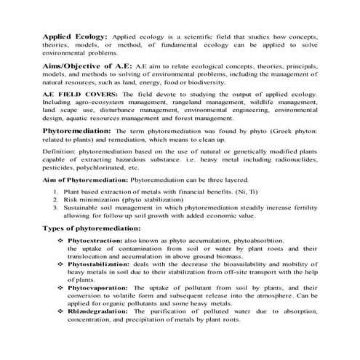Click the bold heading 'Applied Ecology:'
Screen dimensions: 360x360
pos(75,36)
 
